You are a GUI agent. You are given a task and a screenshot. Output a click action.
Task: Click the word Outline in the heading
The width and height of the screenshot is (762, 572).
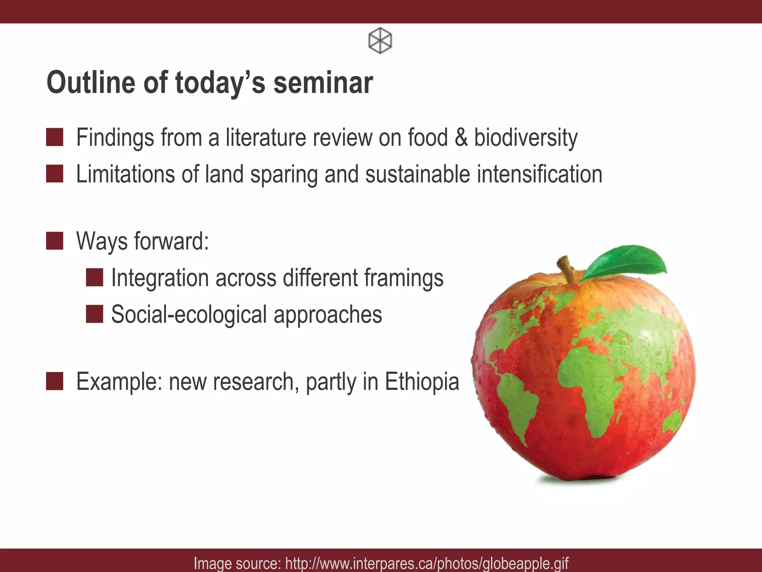[x=91, y=83]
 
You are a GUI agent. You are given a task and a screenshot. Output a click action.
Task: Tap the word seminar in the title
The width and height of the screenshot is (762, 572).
[x=323, y=83]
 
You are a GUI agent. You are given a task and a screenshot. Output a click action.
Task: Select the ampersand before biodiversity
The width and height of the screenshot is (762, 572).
[x=461, y=137]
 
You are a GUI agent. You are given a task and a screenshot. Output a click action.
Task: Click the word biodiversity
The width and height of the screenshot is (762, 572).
[x=525, y=138]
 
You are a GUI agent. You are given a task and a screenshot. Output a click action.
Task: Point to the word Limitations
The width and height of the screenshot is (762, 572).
[x=125, y=174]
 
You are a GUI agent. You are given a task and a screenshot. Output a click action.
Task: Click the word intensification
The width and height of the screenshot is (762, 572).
[x=540, y=174]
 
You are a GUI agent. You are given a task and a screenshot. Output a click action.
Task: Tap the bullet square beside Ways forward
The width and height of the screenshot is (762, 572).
[x=55, y=241]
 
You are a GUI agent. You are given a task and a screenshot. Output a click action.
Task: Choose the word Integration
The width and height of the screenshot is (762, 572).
[x=160, y=278]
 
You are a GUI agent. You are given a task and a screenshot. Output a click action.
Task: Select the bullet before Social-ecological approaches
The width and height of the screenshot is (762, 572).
[x=95, y=314]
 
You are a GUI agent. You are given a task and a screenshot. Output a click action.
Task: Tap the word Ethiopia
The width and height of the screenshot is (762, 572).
[x=422, y=382]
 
